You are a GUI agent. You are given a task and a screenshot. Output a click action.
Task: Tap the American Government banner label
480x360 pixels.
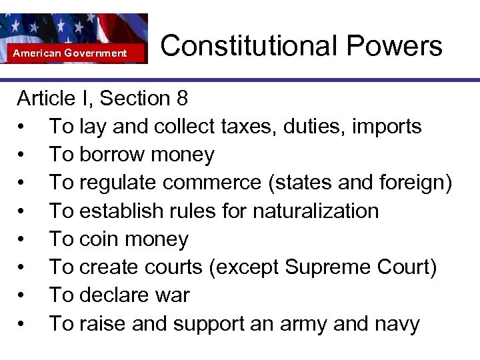pyautogui.click(x=70, y=53)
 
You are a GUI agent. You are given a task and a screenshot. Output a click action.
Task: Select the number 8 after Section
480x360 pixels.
pyautogui.click(x=182, y=99)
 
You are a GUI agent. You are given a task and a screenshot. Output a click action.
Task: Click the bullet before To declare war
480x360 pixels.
pyautogui.click(x=23, y=295)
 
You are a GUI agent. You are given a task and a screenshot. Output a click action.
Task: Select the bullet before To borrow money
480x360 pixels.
pyautogui.click(x=23, y=155)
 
